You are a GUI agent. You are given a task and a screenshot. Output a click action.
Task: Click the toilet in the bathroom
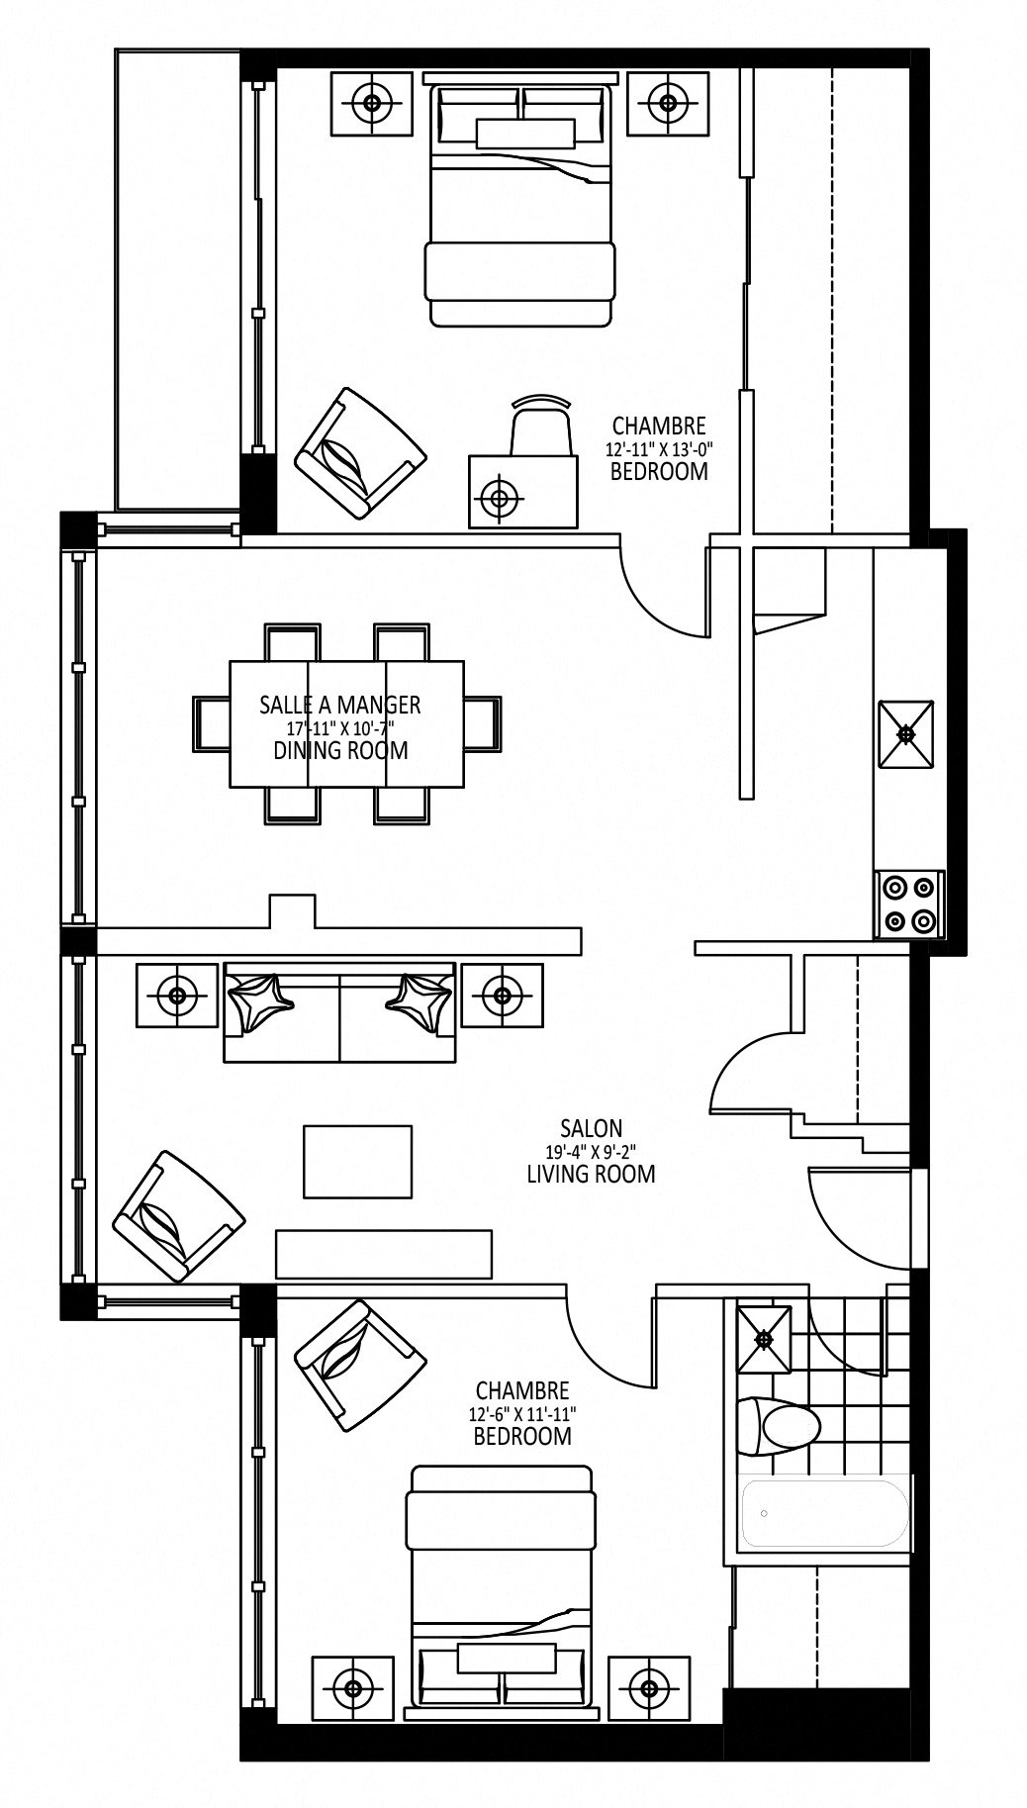coord(781,1425)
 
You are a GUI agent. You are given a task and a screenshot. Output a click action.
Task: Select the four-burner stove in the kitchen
coord(909,904)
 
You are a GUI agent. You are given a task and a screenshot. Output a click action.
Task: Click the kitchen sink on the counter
coord(905,733)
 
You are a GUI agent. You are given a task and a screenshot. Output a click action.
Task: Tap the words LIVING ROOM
coord(591,1175)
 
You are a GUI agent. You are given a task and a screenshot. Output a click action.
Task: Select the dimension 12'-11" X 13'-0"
coord(659,448)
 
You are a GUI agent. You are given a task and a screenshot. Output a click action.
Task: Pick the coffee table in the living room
coord(358,1162)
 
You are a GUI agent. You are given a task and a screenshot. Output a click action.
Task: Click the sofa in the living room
coord(340,1011)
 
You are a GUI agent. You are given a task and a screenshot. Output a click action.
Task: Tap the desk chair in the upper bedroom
coord(541,426)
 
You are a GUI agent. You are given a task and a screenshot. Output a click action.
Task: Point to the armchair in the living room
coord(179,1216)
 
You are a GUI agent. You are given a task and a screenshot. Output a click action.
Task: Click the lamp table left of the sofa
coord(177,995)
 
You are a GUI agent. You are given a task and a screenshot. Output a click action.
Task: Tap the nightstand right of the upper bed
coord(668,102)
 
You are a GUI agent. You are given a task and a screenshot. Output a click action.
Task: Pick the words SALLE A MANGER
coord(340,705)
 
